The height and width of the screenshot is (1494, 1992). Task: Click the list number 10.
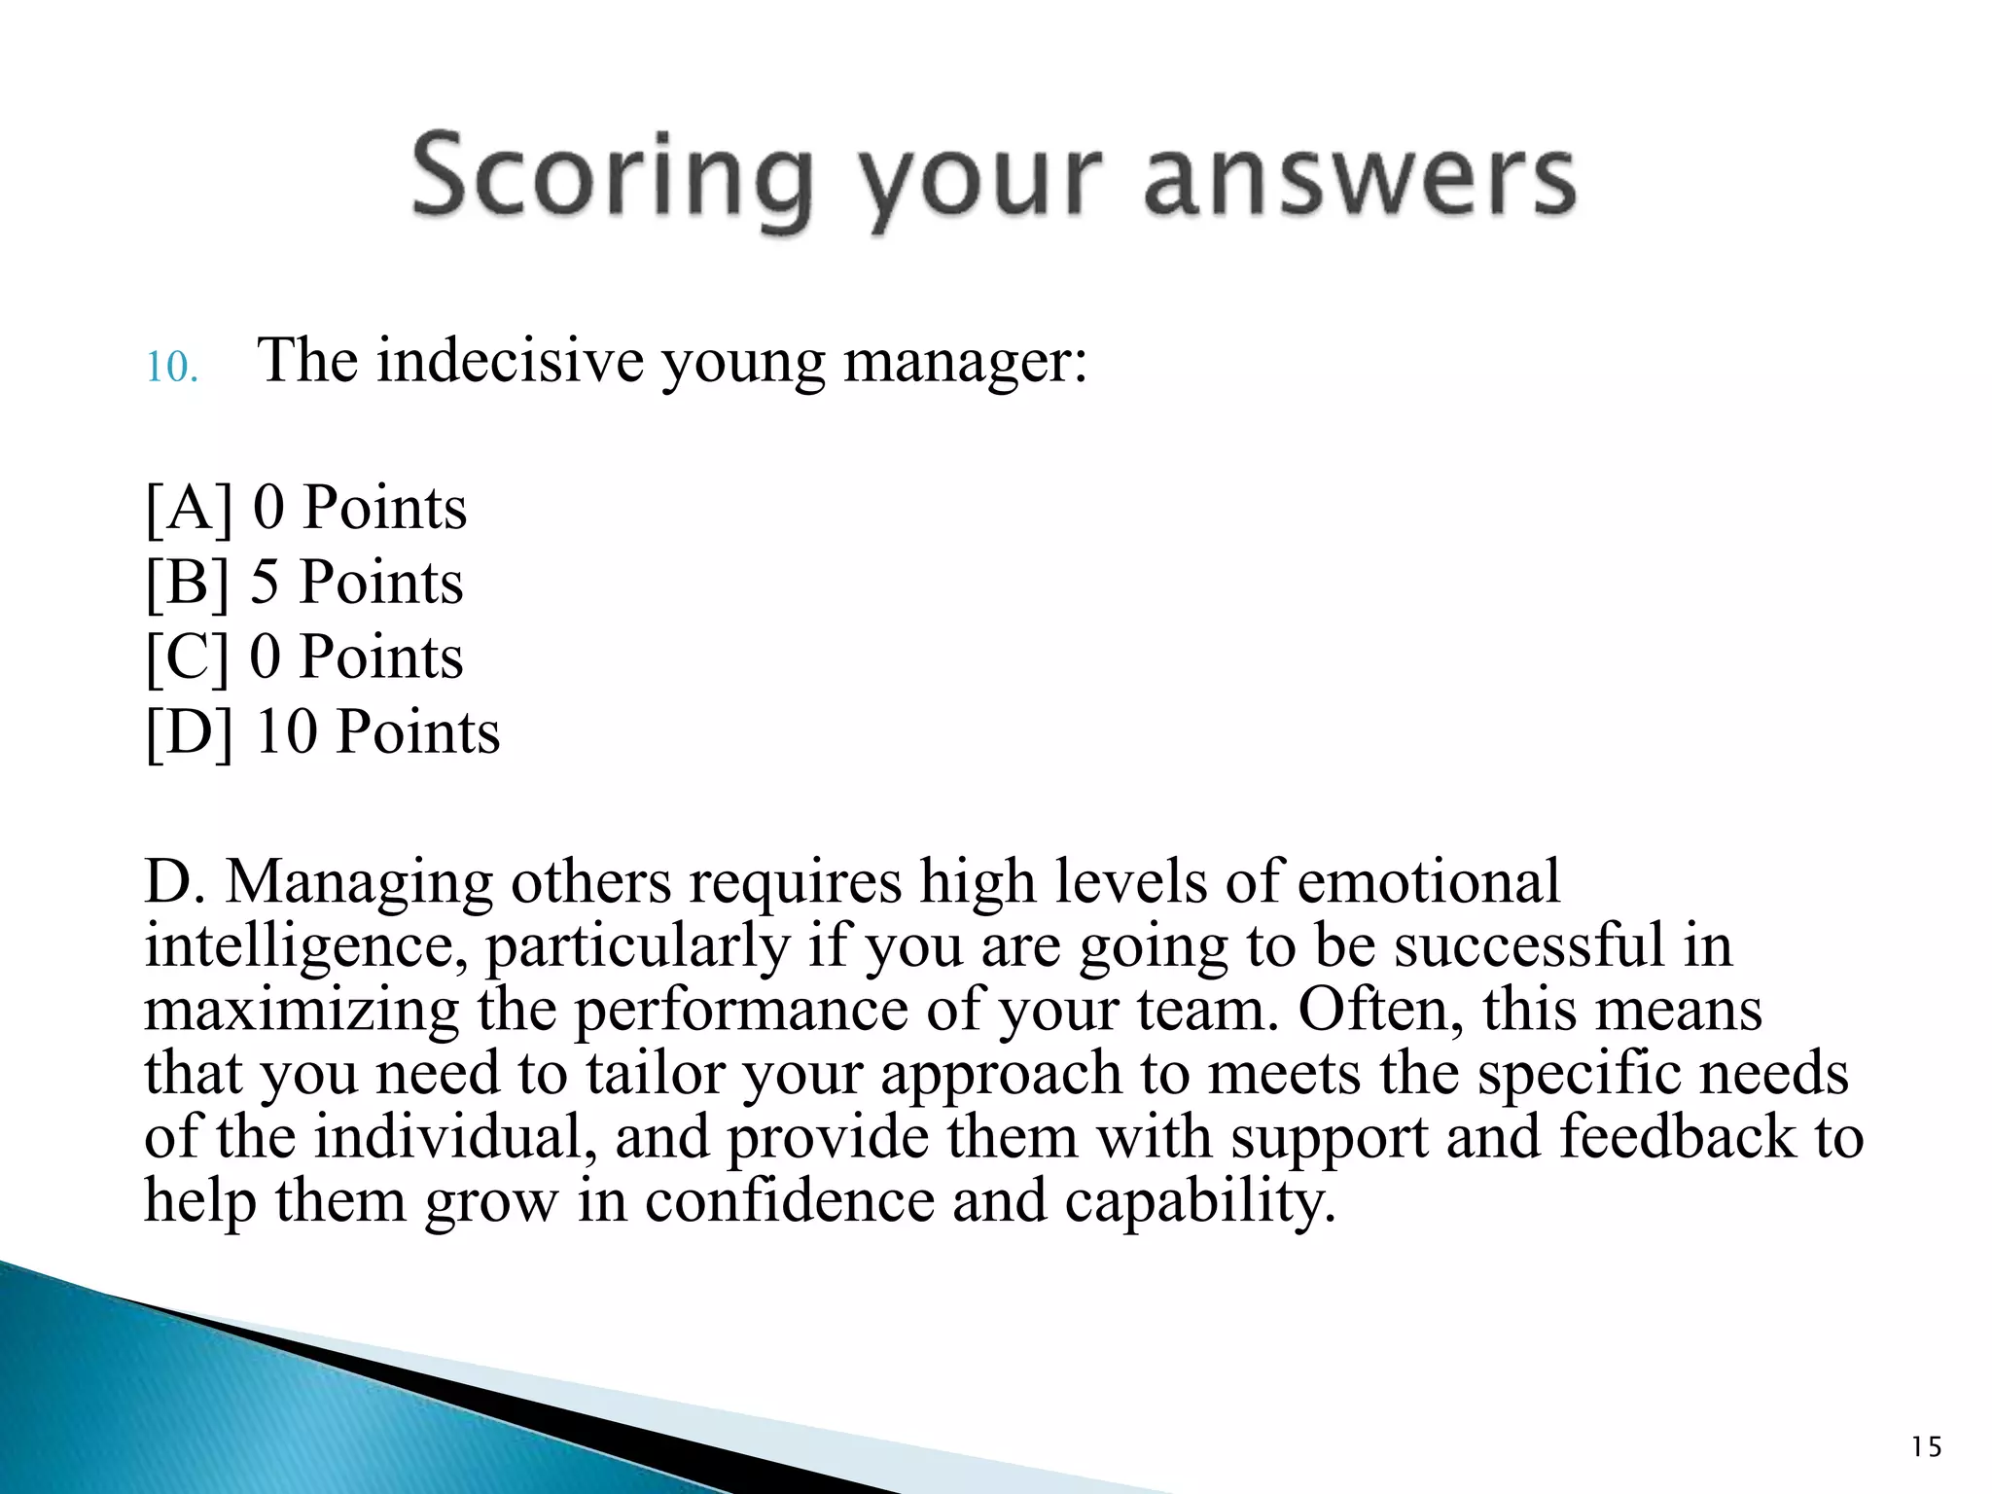click(171, 368)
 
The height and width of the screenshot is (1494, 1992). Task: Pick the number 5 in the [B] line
click(265, 583)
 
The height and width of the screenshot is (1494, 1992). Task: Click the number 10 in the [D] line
click(286, 731)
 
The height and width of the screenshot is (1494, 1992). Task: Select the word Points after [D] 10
click(417, 731)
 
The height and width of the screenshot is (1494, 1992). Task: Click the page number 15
click(1926, 1447)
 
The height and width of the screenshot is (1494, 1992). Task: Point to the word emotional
click(1428, 881)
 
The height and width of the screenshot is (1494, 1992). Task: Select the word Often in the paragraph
click(1381, 1009)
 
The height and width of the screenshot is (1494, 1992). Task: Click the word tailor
click(655, 1073)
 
